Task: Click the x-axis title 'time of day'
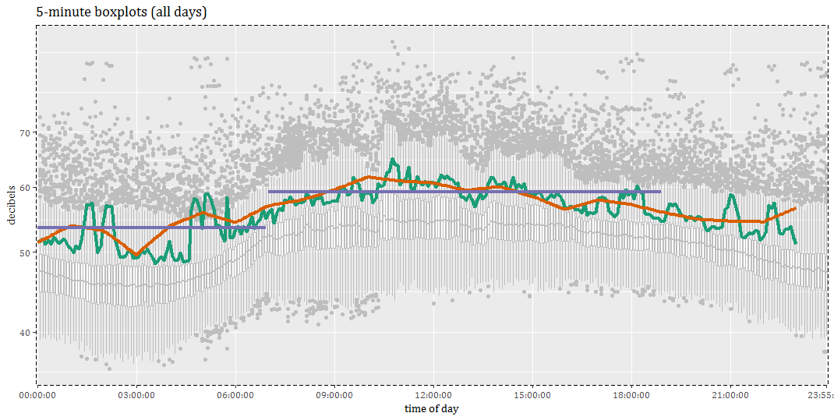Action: pyautogui.click(x=431, y=409)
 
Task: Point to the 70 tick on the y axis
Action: pyautogui.click(x=24, y=133)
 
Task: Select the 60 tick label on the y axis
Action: pyautogui.click(x=24, y=188)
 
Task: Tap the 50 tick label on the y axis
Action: pyautogui.click(x=24, y=253)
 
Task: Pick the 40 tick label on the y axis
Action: pyautogui.click(x=24, y=333)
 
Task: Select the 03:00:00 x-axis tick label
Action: pyautogui.click(x=136, y=396)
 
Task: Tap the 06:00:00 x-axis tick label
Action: pyautogui.click(x=235, y=396)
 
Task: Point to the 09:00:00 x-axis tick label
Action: pyautogui.click(x=334, y=396)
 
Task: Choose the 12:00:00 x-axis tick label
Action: pyautogui.click(x=433, y=396)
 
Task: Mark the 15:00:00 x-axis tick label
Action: pyautogui.click(x=532, y=396)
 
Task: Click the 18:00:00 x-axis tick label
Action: pyautogui.click(x=631, y=396)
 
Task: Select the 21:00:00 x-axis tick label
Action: pyautogui.click(x=730, y=396)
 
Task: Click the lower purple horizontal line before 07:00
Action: pyautogui.click(x=152, y=228)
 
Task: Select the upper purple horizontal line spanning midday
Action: pyautogui.click(x=465, y=191)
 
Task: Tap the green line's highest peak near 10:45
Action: pyautogui.click(x=394, y=160)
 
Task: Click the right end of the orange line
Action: pyautogui.click(x=794, y=208)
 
